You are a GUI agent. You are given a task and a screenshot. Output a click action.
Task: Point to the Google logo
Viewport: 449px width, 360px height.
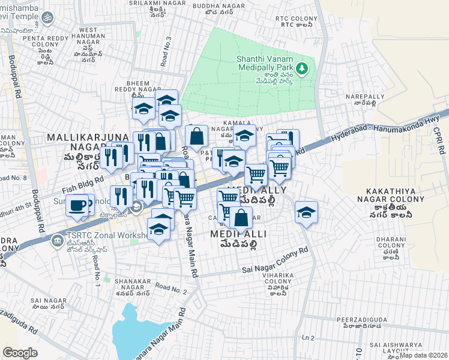click(x=20, y=352)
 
